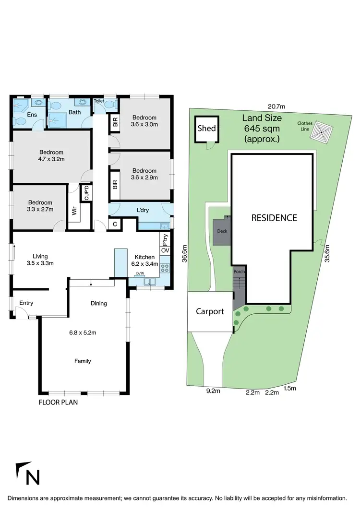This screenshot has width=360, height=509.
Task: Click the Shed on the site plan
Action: coord(207,129)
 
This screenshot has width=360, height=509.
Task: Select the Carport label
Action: coord(210,311)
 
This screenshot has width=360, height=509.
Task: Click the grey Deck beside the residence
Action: coord(222,231)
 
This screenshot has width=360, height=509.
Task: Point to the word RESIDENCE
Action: coord(274,218)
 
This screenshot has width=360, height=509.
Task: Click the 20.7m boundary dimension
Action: coord(276,106)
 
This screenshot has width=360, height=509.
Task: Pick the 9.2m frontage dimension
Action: coord(213,391)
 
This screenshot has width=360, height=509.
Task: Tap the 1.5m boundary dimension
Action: coord(289,388)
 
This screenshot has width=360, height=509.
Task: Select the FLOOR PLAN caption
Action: coord(58,402)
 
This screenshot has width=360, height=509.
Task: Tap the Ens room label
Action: coord(32,115)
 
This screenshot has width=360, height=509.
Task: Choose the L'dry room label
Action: coord(143,211)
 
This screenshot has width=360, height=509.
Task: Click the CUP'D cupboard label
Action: coord(87,193)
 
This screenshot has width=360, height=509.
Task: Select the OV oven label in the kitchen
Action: coord(165,250)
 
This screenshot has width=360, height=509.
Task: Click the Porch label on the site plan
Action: coord(239,272)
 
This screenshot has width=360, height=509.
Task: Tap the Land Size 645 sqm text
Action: coord(262,128)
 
